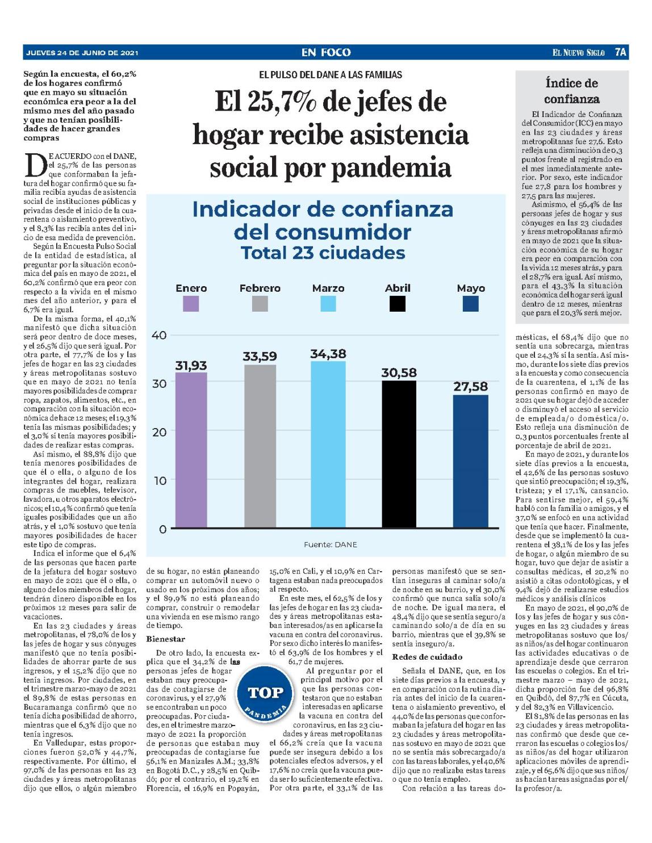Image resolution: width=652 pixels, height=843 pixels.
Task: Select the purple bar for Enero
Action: click(191, 450)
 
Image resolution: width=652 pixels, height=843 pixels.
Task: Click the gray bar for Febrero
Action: click(260, 446)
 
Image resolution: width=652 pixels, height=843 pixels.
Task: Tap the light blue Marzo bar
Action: click(328, 444)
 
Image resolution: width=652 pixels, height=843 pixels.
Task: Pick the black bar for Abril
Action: click(399, 454)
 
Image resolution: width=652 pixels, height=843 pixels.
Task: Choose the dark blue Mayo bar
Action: click(470, 462)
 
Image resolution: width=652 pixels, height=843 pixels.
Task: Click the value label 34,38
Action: click(328, 354)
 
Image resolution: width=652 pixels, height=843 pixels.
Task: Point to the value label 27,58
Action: click(470, 387)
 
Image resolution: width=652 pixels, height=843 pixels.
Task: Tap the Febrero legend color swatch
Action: click(260, 304)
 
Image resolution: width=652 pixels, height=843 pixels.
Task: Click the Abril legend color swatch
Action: click(398, 304)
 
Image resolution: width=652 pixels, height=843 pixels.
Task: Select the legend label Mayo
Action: click(471, 288)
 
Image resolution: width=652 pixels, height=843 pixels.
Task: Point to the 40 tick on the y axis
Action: click(158, 335)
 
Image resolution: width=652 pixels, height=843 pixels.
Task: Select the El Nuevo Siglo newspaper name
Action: click(578, 52)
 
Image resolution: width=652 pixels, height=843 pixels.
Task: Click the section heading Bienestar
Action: click(166, 639)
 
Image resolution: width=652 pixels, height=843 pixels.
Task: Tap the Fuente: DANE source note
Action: click(331, 544)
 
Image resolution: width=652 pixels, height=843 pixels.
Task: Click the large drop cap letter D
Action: click(34, 165)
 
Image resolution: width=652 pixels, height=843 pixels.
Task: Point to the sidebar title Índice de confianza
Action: click(572, 91)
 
